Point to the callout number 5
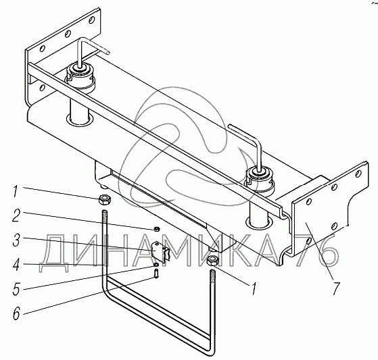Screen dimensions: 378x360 tap(16, 288)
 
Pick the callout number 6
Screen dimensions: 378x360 tap(16, 313)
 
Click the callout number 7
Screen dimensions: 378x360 tap(336, 288)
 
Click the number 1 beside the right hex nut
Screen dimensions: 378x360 tap(254, 288)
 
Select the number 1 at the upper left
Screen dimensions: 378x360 tap(15, 191)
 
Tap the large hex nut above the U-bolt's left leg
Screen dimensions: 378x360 tap(104, 200)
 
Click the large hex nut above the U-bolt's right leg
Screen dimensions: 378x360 tap(213, 261)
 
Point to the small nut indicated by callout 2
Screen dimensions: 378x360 tap(156, 228)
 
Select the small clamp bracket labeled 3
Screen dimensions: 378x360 tap(160, 251)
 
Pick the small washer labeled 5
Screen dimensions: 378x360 tap(156, 265)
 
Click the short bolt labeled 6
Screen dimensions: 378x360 tap(156, 274)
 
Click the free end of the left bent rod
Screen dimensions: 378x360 tap(108, 52)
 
